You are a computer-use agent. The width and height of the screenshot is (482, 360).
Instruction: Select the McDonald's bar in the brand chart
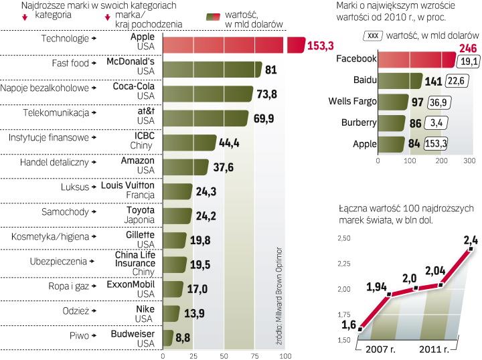[x=212, y=70]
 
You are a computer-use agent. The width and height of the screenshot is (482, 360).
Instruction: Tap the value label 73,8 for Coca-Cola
[x=270, y=94]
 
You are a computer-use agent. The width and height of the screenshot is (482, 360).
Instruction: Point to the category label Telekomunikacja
[x=56, y=113]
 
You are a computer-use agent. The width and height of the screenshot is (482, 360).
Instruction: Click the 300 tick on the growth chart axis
[x=469, y=161]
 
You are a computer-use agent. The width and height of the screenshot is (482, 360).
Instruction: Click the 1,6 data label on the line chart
[x=349, y=325]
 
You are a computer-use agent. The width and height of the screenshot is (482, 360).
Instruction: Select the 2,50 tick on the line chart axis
[x=343, y=238]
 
